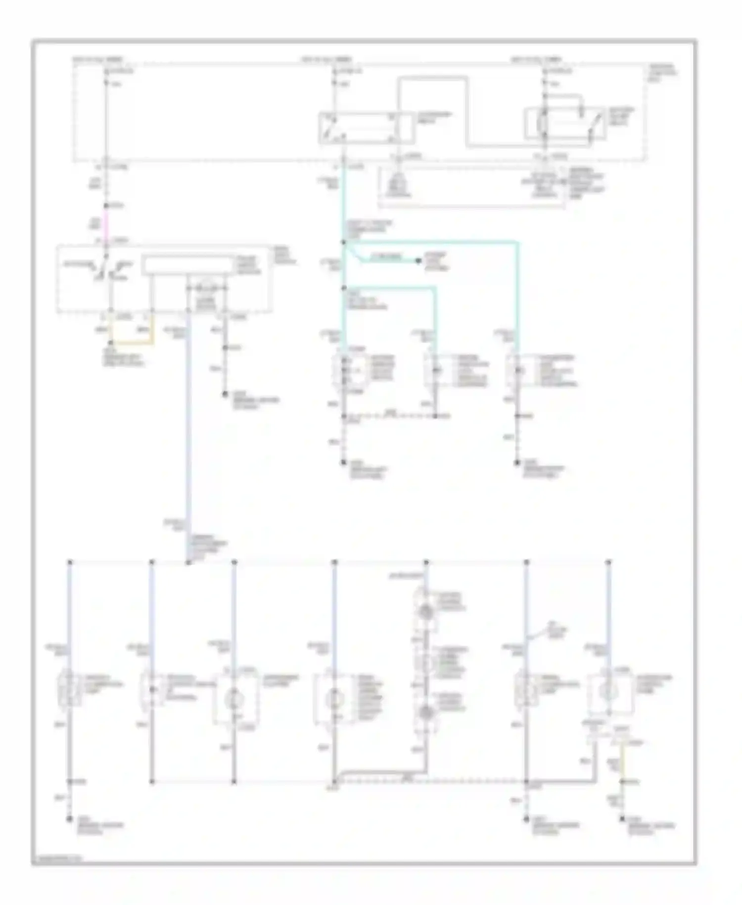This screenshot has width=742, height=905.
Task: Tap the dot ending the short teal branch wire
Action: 418,261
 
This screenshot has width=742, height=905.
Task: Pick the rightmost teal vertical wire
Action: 517,297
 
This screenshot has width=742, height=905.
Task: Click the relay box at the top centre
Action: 365,128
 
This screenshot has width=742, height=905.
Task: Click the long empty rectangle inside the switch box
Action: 187,265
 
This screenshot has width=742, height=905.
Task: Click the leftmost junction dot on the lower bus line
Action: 70,562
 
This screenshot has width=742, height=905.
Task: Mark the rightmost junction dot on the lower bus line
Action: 609,562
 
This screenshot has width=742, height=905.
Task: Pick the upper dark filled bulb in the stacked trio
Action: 426,612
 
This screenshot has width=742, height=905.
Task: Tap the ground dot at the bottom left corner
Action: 70,820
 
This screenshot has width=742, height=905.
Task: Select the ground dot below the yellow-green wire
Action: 622,820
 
